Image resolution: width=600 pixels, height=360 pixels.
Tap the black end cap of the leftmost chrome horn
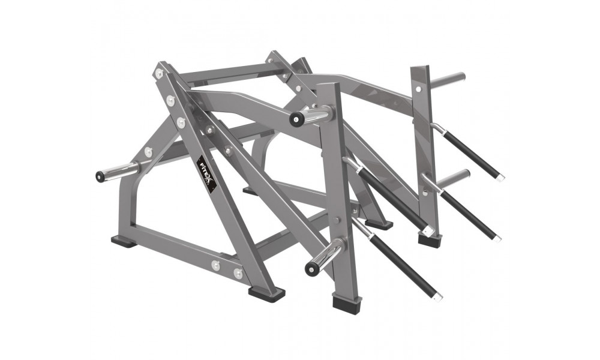100,176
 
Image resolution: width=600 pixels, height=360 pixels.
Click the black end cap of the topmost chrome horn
295,119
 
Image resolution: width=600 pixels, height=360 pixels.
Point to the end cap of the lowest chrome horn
310,268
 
